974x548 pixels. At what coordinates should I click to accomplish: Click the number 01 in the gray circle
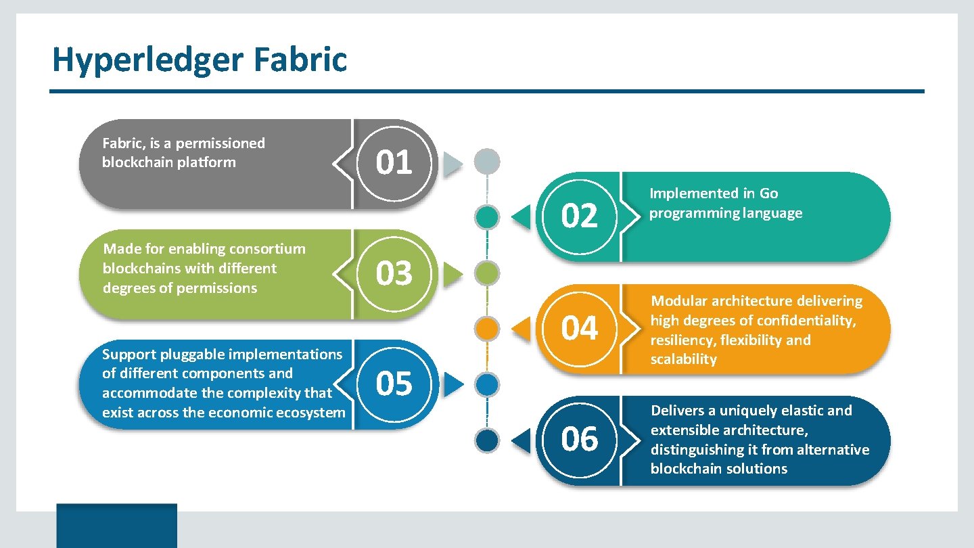click(x=394, y=163)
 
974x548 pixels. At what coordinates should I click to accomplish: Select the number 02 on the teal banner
click(x=580, y=217)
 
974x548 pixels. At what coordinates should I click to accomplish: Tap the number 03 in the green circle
click(x=394, y=274)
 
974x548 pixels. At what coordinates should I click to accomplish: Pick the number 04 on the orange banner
click(x=580, y=329)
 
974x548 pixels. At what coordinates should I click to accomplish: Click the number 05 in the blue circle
click(x=394, y=384)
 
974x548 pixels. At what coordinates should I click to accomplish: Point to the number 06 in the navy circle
click(x=580, y=440)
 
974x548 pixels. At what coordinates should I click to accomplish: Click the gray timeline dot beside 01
click(x=487, y=162)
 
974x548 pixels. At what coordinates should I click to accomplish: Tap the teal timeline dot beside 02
click(x=487, y=217)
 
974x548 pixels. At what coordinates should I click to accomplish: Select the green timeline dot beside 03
click(x=487, y=274)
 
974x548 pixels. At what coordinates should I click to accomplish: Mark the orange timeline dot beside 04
click(x=487, y=329)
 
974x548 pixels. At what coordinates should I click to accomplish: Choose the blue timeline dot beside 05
click(x=487, y=385)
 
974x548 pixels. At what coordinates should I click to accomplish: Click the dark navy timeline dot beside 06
click(x=487, y=440)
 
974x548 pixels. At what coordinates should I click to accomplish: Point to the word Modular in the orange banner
click(x=679, y=301)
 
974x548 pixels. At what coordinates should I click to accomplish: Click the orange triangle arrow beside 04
click(x=521, y=329)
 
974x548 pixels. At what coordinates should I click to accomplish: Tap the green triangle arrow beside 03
click(x=453, y=274)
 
